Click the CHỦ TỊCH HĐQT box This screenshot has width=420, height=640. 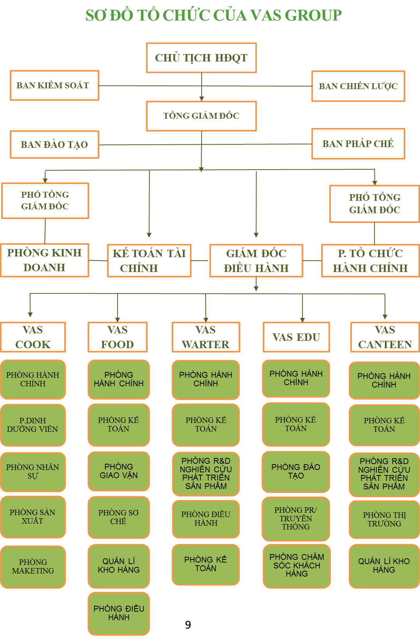(201, 58)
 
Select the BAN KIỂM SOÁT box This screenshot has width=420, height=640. (54, 86)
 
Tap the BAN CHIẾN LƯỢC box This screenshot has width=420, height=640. (358, 86)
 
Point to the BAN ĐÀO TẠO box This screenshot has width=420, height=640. (54, 145)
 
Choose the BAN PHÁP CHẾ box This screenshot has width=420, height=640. (358, 144)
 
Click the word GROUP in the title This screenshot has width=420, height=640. (313, 16)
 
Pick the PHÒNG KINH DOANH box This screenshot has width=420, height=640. (44, 260)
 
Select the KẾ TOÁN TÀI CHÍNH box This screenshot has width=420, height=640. (149, 261)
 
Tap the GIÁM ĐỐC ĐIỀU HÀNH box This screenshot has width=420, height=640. (256, 261)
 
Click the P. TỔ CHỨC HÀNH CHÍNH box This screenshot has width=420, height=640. (370, 261)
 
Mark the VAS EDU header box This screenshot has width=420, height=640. (296, 337)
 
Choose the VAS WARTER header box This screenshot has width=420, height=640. (206, 337)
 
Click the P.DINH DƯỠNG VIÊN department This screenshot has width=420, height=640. (33, 425)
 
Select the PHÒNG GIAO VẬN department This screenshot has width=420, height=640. (119, 471)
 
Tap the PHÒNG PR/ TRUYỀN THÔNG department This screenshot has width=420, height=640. (296, 518)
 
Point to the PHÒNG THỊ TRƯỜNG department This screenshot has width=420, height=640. (384, 519)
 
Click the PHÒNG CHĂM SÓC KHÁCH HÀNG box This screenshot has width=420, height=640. (297, 565)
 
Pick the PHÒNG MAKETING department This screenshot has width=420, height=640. (33, 566)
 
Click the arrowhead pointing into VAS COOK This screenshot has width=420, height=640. (30, 315)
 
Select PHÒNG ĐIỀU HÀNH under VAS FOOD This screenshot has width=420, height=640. (119, 613)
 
